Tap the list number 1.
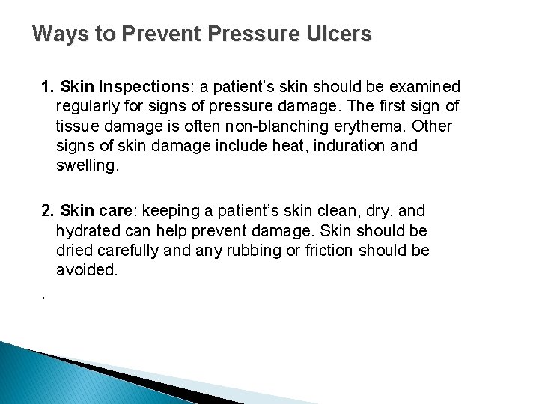pyautogui.click(x=46, y=87)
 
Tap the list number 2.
pyautogui.click(x=46, y=211)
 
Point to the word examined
pyautogui.click(x=424, y=87)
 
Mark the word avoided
pyautogui.click(x=87, y=269)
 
